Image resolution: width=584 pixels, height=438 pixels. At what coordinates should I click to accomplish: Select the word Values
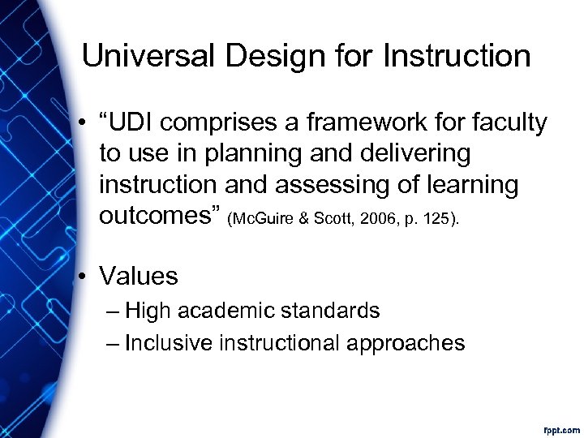139,276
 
